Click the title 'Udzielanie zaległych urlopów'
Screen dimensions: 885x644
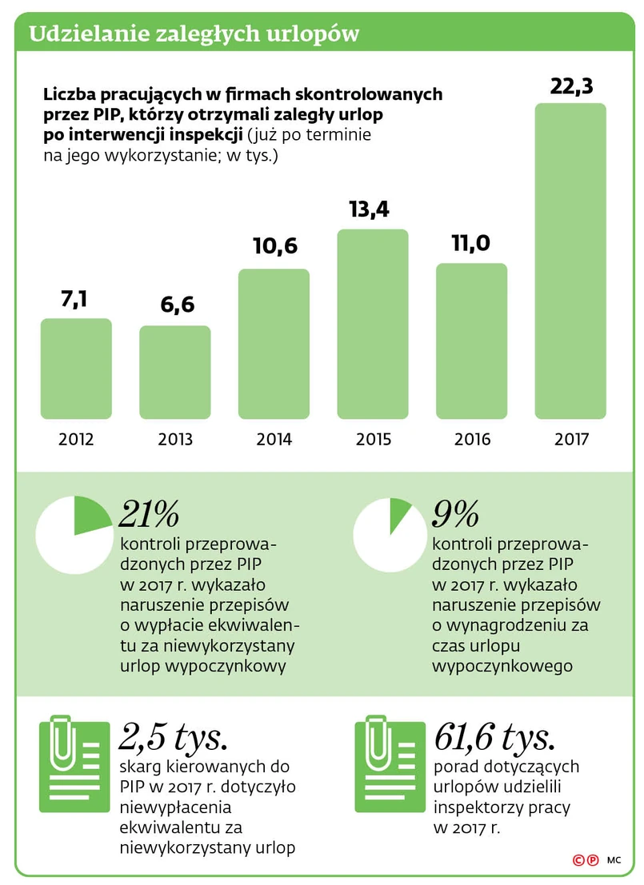[194, 34]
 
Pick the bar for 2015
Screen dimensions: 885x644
[373, 324]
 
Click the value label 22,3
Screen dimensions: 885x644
[570, 86]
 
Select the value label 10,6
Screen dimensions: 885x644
[274, 246]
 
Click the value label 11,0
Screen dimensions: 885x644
[471, 243]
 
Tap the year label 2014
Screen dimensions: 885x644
[274, 439]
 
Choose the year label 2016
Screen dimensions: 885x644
[472, 439]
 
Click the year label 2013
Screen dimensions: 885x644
[175, 439]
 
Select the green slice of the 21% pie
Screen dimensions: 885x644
[90, 516]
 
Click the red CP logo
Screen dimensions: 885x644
[586, 860]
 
